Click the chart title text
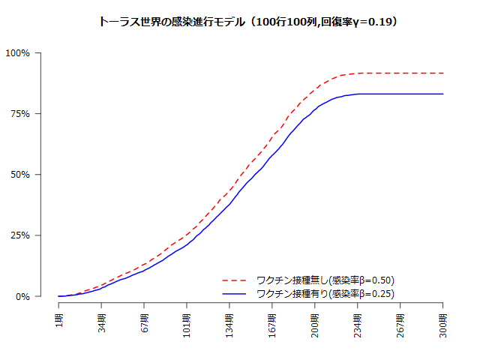tap(247, 22)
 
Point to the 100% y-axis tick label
tap(18, 53)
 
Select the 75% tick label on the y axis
tap(20, 114)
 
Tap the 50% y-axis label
tap(20, 175)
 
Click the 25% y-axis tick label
tap(20, 235)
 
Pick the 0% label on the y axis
tap(23, 296)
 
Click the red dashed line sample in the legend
tap(235, 280)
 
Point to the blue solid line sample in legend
tap(235, 293)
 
